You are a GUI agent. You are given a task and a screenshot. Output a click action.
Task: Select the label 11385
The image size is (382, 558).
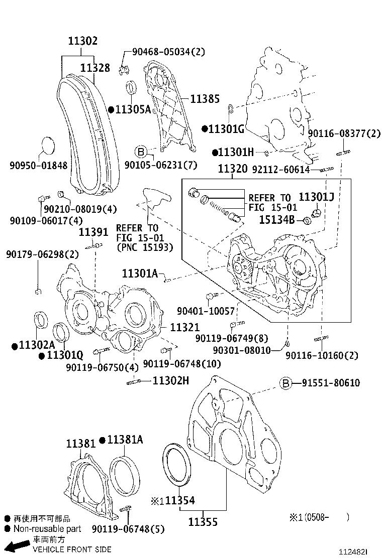click(x=205, y=99)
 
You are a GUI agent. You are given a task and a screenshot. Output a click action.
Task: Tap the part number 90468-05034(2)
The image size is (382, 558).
click(x=168, y=51)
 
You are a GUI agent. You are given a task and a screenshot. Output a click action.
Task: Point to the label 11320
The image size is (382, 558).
click(x=232, y=170)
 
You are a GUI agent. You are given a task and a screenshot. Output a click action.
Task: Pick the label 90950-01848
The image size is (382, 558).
click(x=38, y=166)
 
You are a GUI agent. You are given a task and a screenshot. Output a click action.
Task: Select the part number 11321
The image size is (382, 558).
click(x=185, y=328)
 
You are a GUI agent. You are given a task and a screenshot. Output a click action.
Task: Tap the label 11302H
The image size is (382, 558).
click(x=170, y=381)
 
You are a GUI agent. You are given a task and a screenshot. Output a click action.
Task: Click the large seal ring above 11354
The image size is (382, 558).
click(x=176, y=465)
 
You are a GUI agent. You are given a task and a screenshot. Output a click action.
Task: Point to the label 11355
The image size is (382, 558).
click(x=203, y=522)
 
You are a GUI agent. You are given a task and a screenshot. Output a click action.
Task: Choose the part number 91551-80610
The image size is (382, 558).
click(x=331, y=383)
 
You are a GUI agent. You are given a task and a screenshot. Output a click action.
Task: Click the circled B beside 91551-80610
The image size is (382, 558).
click(x=285, y=384)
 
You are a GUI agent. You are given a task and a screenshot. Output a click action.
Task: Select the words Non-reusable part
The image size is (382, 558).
click(x=47, y=529)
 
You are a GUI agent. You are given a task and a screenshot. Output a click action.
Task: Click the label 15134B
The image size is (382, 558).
click(x=276, y=219)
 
